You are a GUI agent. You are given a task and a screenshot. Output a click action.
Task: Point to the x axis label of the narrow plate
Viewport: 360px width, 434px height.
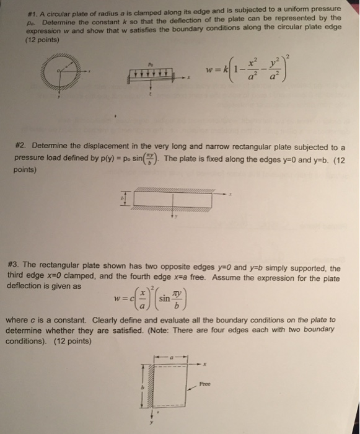tap(229, 193)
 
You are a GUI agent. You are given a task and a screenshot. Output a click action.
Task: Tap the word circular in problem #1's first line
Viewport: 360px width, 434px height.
tap(65, 9)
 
